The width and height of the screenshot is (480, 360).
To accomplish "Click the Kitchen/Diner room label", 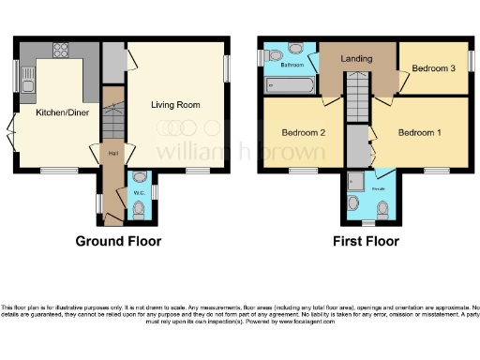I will pyautogui.click(x=55, y=112).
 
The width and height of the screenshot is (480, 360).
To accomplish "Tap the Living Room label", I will pyautogui.click(x=176, y=105).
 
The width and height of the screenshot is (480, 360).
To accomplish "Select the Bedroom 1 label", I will pyautogui.click(x=420, y=132).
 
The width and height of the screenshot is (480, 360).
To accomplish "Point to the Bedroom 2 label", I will pyautogui.click(x=303, y=132).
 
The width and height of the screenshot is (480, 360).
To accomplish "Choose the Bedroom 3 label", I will pyautogui.click(x=433, y=68).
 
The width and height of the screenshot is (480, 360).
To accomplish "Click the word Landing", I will pyautogui.click(x=357, y=59).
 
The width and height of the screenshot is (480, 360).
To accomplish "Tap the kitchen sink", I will pyautogui.click(x=27, y=87).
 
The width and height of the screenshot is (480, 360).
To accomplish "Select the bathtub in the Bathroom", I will pyautogui.click(x=291, y=85).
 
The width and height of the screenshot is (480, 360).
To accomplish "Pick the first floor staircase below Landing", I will pyautogui.click(x=357, y=98).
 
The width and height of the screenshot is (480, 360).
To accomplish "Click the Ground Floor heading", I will pyautogui.click(x=118, y=241).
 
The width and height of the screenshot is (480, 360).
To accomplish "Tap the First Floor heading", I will pyautogui.click(x=367, y=241).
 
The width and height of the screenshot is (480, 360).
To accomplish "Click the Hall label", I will pyautogui.click(x=112, y=153).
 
